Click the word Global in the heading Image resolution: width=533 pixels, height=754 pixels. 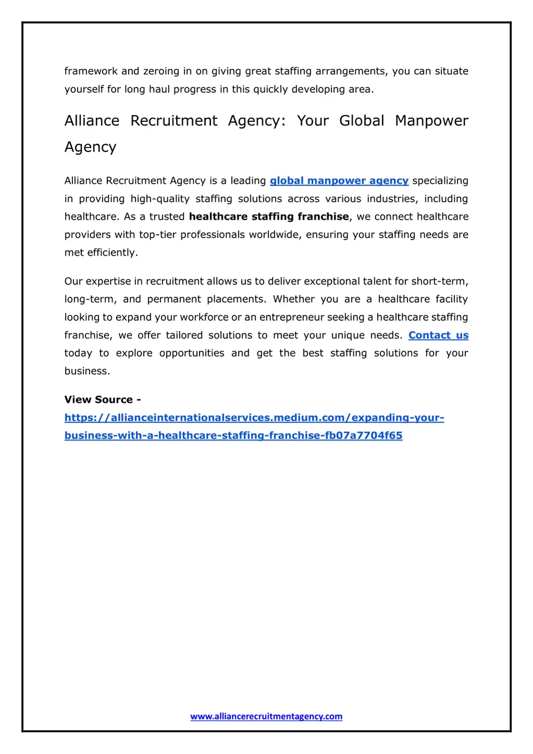click(x=361, y=121)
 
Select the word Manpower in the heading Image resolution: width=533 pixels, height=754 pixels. click(x=432, y=121)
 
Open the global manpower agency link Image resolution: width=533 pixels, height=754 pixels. click(x=339, y=181)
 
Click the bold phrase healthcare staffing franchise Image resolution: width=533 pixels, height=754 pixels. click(x=269, y=216)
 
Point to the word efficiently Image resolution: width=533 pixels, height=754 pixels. click(x=112, y=253)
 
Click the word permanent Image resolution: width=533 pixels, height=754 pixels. click(x=174, y=299)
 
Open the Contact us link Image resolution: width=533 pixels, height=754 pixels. click(x=438, y=336)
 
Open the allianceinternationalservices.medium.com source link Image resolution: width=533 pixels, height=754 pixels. click(x=254, y=418)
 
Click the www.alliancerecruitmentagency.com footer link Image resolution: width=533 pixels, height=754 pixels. click(x=266, y=717)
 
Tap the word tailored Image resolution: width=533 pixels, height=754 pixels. click(x=184, y=336)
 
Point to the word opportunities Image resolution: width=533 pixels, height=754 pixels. click(x=192, y=353)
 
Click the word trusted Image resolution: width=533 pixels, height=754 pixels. click(x=167, y=216)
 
